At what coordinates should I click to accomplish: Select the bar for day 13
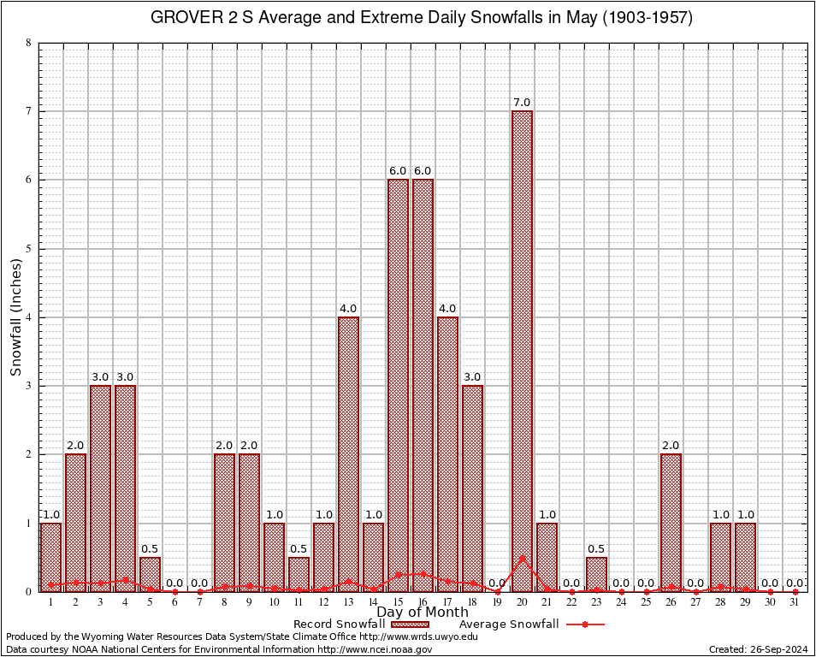click(x=348, y=453)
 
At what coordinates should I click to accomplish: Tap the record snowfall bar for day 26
click(x=671, y=522)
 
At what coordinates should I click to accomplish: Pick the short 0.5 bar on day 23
click(x=596, y=574)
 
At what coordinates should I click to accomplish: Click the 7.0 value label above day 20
click(x=522, y=103)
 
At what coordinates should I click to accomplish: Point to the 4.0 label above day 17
click(x=447, y=309)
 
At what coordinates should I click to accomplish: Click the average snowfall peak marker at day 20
click(x=522, y=558)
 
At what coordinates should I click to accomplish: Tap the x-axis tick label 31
click(x=795, y=602)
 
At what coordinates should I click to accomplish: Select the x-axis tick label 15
click(x=398, y=602)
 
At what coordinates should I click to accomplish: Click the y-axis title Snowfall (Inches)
click(x=16, y=317)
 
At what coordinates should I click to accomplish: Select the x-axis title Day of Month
click(x=423, y=613)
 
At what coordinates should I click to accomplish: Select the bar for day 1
click(x=50, y=557)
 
